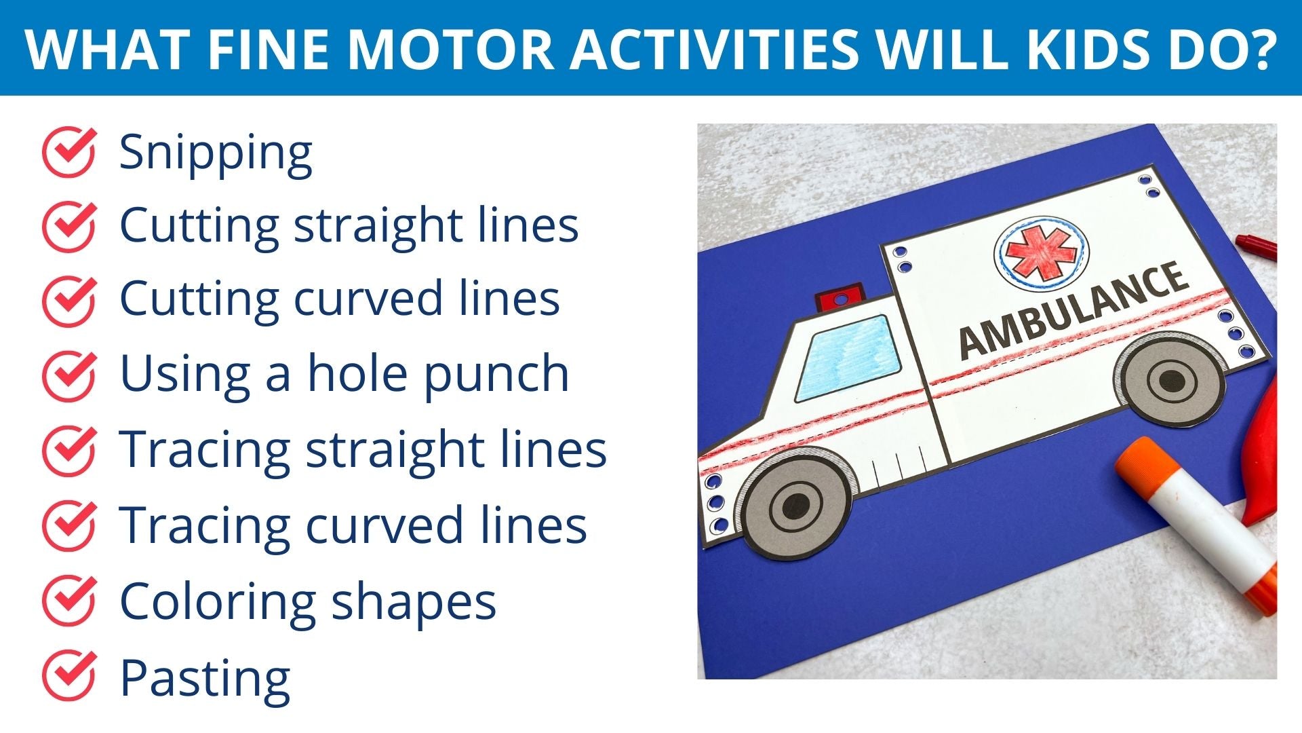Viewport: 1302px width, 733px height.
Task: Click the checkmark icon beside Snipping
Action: pyautogui.click(x=69, y=152)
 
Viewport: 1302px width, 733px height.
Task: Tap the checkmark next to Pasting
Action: pyautogui.click(x=69, y=676)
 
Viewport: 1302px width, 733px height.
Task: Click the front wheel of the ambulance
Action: pyautogui.click(x=795, y=506)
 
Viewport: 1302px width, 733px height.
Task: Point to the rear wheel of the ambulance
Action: pyautogui.click(x=1170, y=380)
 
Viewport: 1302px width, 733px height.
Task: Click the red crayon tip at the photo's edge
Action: pyautogui.click(x=1255, y=245)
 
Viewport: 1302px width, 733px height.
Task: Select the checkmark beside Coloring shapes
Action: pyautogui.click(x=69, y=600)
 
